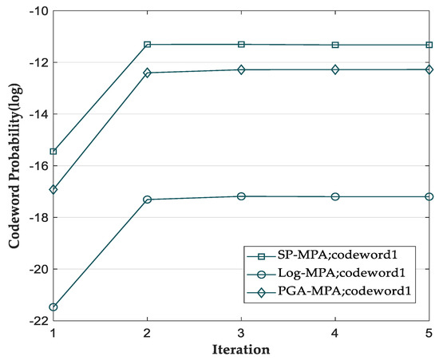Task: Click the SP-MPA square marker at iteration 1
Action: (x=53, y=151)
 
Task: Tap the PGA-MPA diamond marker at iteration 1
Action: (x=53, y=189)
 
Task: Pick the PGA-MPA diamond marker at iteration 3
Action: (x=241, y=69)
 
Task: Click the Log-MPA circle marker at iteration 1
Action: (x=53, y=307)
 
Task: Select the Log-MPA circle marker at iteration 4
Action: (x=335, y=196)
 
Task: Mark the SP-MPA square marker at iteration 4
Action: (x=335, y=45)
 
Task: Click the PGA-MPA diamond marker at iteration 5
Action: (x=429, y=69)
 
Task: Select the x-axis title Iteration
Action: (x=241, y=350)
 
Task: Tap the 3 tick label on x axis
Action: (x=241, y=332)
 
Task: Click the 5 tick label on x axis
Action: (x=429, y=332)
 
